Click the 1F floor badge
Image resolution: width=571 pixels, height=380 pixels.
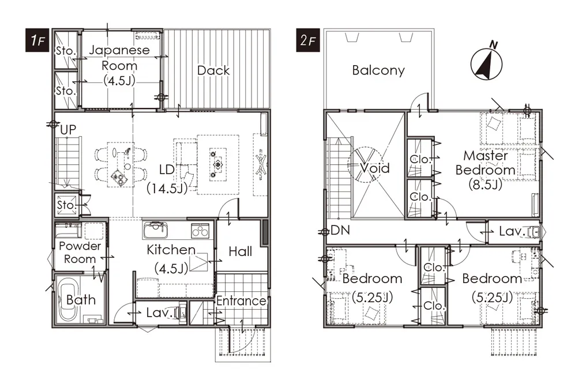click(x=37, y=40)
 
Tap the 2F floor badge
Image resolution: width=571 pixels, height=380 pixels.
click(x=308, y=40)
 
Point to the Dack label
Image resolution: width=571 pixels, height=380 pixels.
click(x=213, y=70)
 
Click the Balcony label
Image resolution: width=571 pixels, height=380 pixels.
click(x=378, y=70)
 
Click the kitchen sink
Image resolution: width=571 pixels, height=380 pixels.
click(x=156, y=230)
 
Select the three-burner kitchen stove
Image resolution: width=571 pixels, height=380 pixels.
click(x=200, y=231)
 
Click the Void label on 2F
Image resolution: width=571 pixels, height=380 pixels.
click(x=375, y=168)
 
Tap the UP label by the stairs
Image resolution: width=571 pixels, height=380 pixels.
click(x=68, y=130)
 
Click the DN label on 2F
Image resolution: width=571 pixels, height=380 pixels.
click(x=340, y=230)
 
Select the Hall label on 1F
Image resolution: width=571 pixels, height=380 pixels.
click(x=241, y=251)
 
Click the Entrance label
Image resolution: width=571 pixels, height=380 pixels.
click(x=241, y=300)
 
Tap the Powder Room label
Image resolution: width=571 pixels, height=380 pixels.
click(x=80, y=252)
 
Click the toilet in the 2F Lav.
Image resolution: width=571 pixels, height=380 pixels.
click(x=534, y=231)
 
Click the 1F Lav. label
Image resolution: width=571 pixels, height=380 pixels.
click(x=159, y=313)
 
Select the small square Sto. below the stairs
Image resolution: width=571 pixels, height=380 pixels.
click(x=67, y=205)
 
